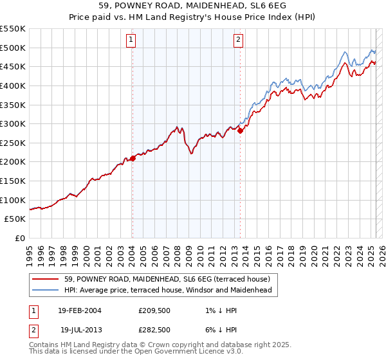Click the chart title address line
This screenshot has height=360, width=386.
pyautogui.click(x=192, y=6)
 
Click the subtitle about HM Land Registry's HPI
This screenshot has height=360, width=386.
pyautogui.click(x=192, y=17)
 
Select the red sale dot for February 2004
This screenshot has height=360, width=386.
pyautogui.click(x=133, y=158)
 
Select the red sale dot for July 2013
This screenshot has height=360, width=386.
pyautogui.click(x=240, y=130)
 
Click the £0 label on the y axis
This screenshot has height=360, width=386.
pyautogui.click(x=19, y=238)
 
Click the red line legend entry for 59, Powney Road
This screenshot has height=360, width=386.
pyautogui.click(x=170, y=279)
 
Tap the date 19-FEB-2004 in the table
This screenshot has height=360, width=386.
pyautogui.click(x=79, y=311)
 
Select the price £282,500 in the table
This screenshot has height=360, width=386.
pyautogui.click(x=154, y=329)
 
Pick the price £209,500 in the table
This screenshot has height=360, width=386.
pyautogui.click(x=154, y=311)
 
